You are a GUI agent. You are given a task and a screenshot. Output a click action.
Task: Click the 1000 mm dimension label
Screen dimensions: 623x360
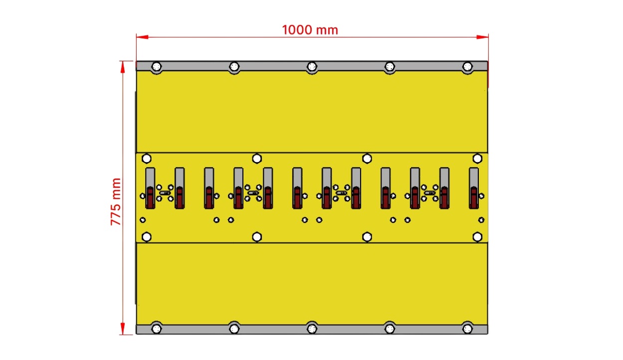[310, 30]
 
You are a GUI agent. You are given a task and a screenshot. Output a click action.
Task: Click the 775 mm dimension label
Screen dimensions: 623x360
[116, 201]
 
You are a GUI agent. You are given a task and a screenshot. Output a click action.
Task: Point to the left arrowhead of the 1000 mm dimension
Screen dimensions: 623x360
[142, 37]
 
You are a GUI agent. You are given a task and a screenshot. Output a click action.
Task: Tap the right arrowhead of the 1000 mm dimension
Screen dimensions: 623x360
[482, 37]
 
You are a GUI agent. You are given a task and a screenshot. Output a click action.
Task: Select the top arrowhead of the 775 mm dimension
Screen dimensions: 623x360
[123, 67]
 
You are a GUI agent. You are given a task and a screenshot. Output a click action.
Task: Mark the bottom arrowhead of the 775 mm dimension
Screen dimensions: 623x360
[123, 329]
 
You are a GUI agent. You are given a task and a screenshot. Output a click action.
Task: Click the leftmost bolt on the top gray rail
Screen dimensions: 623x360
[156, 67]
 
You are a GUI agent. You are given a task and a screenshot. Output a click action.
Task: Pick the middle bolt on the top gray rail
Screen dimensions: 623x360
[312, 67]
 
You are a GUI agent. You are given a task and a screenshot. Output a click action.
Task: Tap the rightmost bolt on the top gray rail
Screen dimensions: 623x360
[467, 67]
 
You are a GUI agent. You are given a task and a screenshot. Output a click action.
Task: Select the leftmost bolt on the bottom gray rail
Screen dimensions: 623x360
[156, 329]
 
